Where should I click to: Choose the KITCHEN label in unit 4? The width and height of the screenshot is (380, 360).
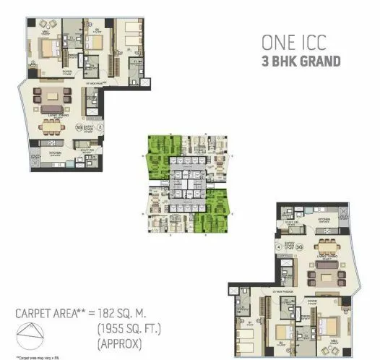324,218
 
